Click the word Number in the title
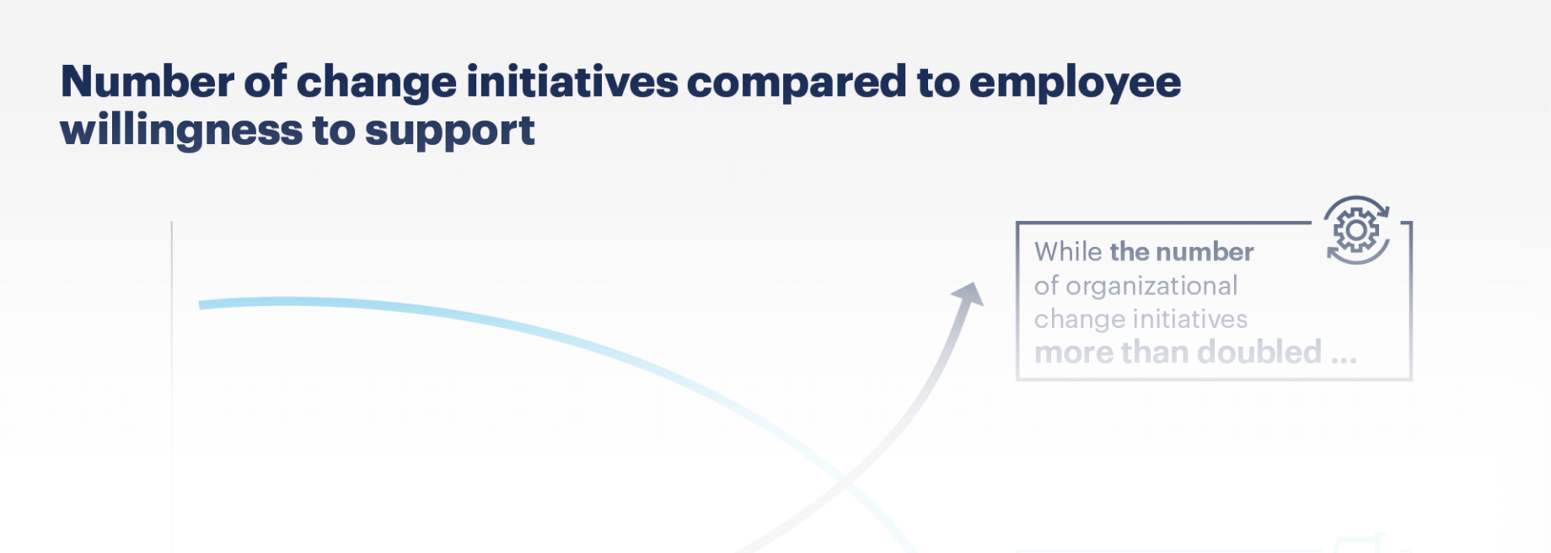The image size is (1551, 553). point(148,82)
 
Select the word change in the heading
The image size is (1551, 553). point(377,82)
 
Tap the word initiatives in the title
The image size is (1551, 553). point(572,82)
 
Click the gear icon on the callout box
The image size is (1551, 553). point(1356,230)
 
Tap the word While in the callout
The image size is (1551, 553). point(1068,251)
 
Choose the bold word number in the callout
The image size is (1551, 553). point(1205,251)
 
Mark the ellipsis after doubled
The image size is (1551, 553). point(1344,360)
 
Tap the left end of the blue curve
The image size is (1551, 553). point(201,305)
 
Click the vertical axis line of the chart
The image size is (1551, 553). point(172,387)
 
